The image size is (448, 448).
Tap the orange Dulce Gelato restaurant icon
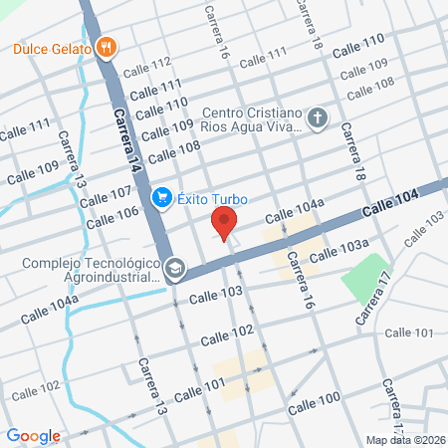[x=108, y=47]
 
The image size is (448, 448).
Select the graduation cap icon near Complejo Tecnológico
[x=175, y=268]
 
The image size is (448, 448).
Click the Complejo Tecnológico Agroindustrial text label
[x=93, y=271]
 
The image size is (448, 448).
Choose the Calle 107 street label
[x=107, y=193]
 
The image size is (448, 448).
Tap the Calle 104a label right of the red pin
[x=295, y=211]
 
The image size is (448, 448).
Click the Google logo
[x=33, y=436]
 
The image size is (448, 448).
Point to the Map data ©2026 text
[x=404, y=440]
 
